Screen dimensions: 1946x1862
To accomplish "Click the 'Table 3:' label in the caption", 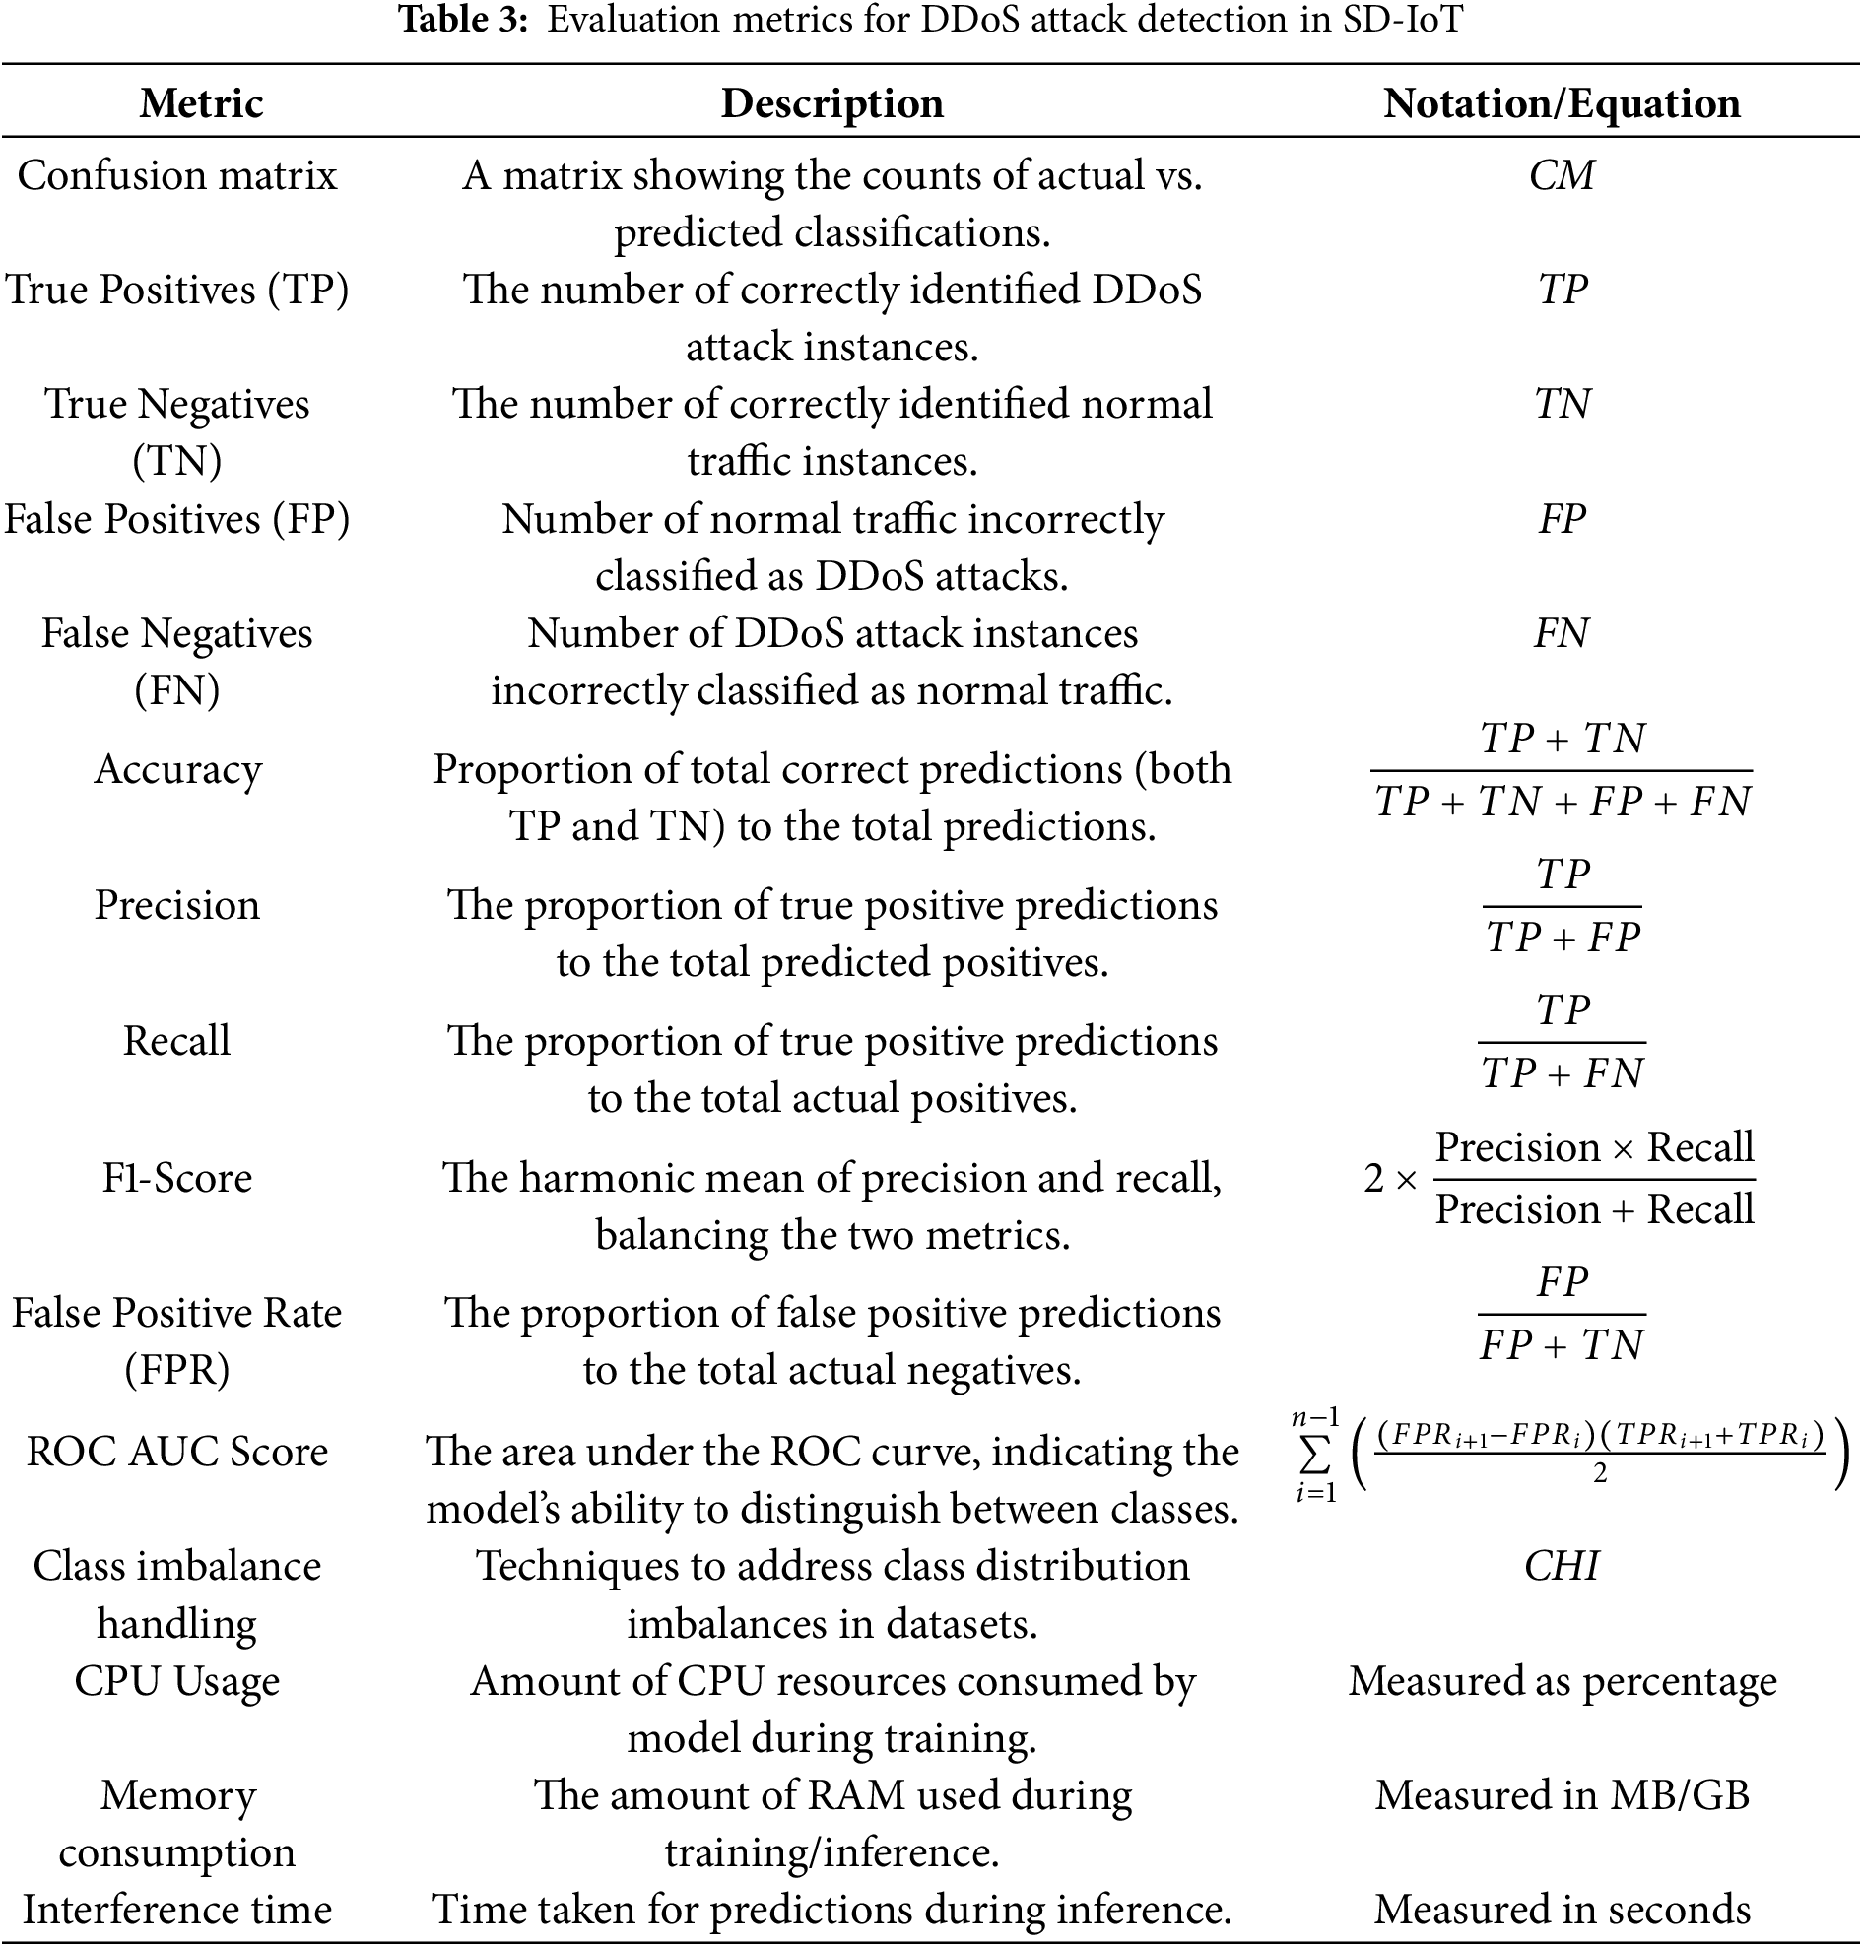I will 462,20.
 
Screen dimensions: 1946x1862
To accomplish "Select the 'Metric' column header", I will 202,103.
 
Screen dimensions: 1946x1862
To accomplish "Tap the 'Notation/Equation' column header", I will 1562,103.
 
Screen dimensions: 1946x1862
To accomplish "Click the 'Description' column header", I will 831,103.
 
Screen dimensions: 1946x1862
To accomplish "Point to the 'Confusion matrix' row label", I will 177,175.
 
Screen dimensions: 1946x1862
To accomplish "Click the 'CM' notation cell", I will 1562,175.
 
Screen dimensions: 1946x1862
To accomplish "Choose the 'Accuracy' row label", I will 177,769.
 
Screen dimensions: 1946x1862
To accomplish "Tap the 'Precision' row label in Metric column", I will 177,905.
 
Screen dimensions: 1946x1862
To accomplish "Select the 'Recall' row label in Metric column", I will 177,1041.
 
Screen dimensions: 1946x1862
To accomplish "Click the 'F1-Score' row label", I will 177,1178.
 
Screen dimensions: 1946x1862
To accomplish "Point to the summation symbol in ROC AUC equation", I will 1315,1456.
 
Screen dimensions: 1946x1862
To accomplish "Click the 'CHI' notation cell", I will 1562,1567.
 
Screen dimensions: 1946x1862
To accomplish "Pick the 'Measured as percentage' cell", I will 1562,1682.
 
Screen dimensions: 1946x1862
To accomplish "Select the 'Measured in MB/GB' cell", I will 1562,1796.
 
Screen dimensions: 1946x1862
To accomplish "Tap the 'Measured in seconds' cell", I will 1562,1911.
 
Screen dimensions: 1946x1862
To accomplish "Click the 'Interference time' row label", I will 177,1911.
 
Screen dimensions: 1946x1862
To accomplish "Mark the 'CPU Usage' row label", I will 177,1682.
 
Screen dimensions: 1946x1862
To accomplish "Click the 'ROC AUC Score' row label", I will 177,1452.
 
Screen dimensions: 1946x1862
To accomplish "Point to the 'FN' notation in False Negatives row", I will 1562,633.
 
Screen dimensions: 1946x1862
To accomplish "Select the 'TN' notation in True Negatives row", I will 1562,404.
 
